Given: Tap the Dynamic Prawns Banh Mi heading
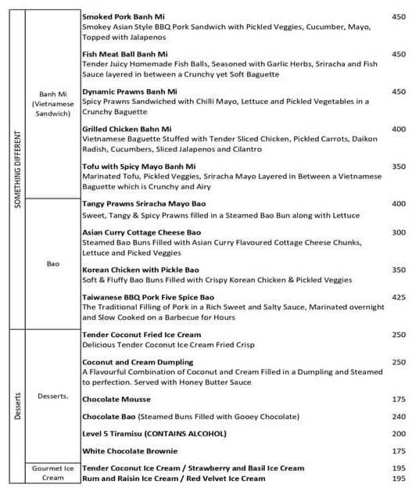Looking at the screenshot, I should point(130,91).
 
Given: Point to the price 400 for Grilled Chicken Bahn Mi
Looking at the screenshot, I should point(399,129).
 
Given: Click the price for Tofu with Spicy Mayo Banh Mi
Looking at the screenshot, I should point(399,167).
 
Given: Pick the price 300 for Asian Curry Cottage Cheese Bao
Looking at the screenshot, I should point(399,232).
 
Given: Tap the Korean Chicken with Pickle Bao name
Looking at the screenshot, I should point(141,270).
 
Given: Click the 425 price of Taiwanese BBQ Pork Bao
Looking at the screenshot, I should point(399,298).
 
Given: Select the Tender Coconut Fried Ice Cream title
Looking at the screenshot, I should point(141,335).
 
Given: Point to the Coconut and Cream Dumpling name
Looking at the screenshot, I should point(138,362).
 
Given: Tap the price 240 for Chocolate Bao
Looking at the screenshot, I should point(399,417).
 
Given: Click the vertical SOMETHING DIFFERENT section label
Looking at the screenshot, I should point(18,163).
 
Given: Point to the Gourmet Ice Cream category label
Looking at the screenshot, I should point(53,472).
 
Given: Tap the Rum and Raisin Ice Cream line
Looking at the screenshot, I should point(174,478).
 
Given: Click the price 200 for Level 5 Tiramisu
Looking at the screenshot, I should point(399,433).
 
